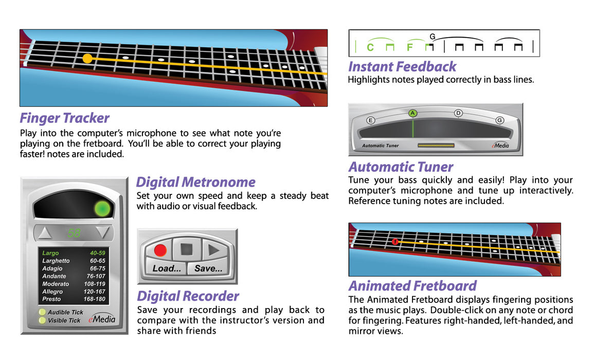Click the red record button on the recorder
[x=160, y=250]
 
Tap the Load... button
[x=167, y=268]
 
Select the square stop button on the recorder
[x=186, y=250]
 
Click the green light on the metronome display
[x=103, y=209]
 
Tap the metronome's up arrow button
[x=45, y=233]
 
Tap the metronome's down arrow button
[x=103, y=233]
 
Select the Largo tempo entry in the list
[x=51, y=253]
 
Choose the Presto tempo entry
[x=51, y=299]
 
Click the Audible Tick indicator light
[x=42, y=312]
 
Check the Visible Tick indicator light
[x=42, y=320]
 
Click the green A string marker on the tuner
[x=412, y=113]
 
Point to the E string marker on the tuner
[x=370, y=120]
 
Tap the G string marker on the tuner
[x=499, y=120]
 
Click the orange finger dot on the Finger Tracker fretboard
[x=87, y=59]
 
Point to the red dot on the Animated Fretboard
[x=395, y=242]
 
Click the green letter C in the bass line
[x=370, y=48]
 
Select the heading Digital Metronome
[x=195, y=182]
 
